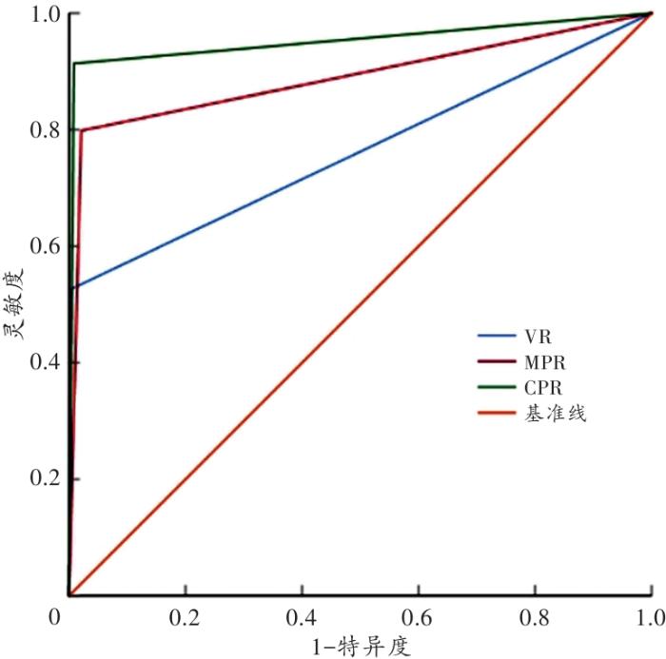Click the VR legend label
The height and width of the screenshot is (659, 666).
[x=536, y=338]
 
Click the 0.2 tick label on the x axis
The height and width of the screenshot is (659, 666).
[x=185, y=616]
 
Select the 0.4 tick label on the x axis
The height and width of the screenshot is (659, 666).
[x=302, y=616]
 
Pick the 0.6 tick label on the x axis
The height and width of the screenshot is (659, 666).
[x=418, y=616]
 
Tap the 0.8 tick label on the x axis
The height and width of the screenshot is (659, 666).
[x=535, y=616]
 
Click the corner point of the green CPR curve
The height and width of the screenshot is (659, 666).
[x=74, y=64]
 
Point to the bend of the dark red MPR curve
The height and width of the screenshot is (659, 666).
[x=82, y=130]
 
